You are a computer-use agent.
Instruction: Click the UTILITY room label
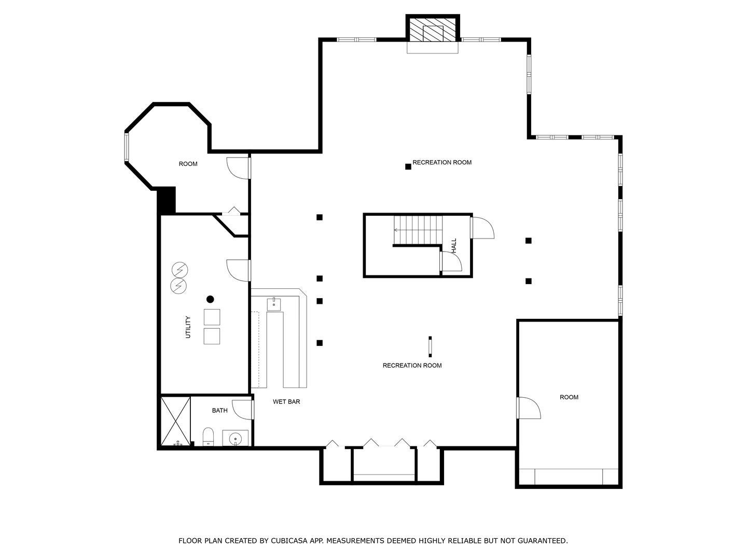tap(188, 327)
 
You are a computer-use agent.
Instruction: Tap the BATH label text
tap(219, 411)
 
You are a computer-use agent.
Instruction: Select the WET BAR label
tap(286, 402)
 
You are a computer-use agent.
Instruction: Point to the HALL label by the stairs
tap(454, 246)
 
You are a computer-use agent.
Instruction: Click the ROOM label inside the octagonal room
tap(188, 164)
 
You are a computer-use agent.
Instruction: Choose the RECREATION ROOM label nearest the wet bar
tap(412, 366)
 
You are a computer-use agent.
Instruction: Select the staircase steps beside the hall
tap(418, 230)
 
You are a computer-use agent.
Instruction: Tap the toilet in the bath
tap(208, 436)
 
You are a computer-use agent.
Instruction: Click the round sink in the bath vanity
tap(236, 439)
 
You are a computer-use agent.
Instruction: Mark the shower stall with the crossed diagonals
tap(175, 421)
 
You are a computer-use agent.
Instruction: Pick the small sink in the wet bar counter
tap(273, 304)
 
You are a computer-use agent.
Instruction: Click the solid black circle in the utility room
tap(210, 299)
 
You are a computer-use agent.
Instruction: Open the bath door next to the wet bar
tap(242, 409)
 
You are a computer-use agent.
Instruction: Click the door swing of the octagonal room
tap(238, 168)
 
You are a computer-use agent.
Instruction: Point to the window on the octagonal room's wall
tap(126, 147)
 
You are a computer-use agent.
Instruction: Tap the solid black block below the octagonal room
tap(167, 201)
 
